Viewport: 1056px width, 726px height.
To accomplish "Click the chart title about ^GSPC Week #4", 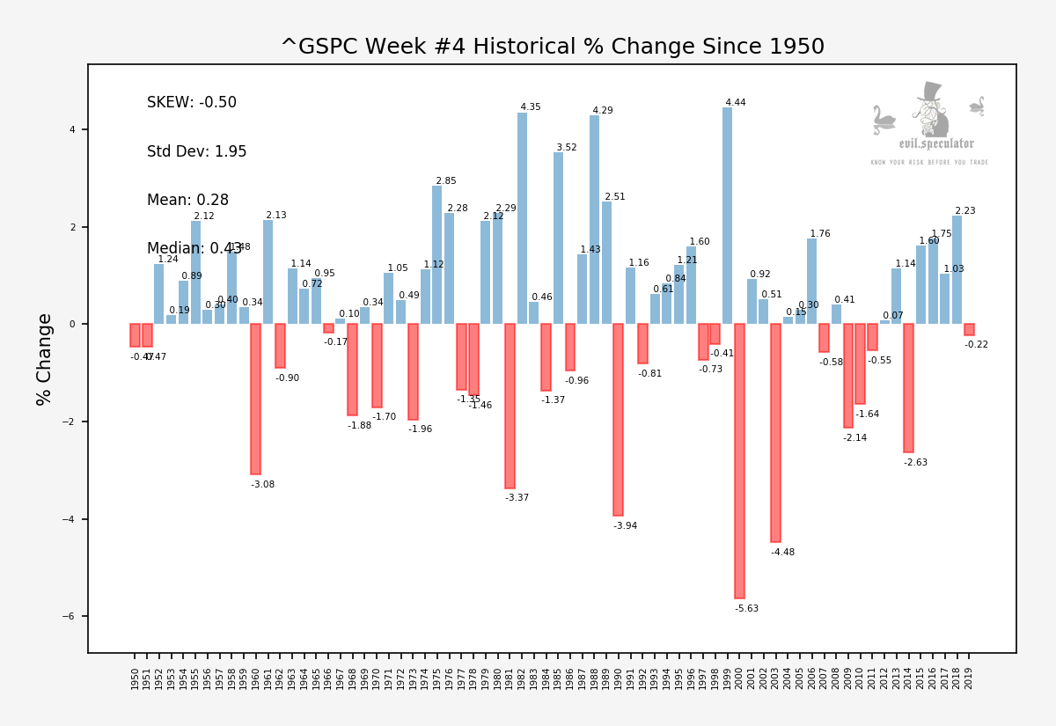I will click(552, 48).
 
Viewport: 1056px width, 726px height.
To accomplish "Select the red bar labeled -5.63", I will click(739, 461).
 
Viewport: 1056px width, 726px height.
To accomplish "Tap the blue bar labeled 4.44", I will click(727, 216).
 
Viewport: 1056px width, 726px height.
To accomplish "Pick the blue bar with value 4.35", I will click(522, 218).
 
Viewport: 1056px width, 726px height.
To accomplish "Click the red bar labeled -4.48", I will click(775, 433).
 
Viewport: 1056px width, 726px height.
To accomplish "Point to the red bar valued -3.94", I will click(619, 420).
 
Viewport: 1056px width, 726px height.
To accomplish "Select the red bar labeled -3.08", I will click(255, 399).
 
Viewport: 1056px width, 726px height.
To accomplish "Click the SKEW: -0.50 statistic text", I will click(192, 103).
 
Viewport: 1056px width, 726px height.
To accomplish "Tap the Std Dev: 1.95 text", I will click(196, 152).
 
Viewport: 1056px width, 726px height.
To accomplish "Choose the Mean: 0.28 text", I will click(187, 201).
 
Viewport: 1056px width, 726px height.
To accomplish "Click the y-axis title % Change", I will click(45, 359).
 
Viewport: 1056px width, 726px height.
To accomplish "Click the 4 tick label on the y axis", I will click(72, 130).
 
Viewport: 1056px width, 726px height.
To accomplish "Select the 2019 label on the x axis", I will click(969, 678).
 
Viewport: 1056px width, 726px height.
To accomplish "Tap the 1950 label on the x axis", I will click(136, 678).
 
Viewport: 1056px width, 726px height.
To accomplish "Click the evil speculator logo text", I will click(935, 144).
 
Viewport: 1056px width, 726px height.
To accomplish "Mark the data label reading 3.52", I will click(566, 148).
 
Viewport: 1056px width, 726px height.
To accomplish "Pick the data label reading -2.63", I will click(915, 463).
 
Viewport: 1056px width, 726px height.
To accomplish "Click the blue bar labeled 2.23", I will click(957, 269).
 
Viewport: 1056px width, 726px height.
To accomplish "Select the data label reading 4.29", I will click(602, 111).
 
